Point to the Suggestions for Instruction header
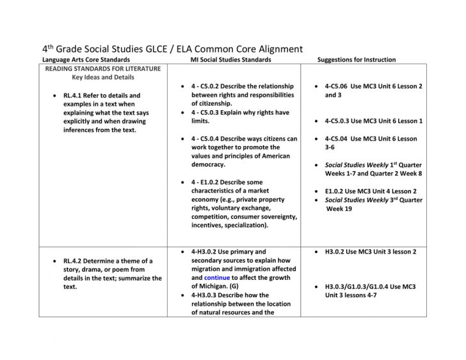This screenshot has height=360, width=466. coord(357,60)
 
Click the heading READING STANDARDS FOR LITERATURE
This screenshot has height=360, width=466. coord(103,69)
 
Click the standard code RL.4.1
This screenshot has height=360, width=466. coord(74,95)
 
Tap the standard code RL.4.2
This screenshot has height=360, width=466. coord(74,261)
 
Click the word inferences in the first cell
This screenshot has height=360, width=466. coord(84,129)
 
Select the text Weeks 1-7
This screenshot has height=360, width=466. coord(342,173)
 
